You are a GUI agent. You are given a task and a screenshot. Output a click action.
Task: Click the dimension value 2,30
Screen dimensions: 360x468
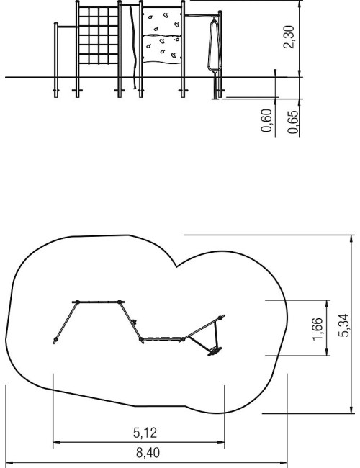289,37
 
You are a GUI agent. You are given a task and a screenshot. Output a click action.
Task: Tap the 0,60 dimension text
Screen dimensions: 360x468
266,120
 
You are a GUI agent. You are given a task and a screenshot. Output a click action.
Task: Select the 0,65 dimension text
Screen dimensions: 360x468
292,122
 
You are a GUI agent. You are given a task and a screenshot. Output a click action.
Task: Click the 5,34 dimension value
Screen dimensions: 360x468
343,325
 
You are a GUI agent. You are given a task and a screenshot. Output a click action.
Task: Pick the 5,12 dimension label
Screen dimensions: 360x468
145,433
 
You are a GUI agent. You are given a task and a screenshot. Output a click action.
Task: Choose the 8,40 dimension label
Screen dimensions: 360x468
148,453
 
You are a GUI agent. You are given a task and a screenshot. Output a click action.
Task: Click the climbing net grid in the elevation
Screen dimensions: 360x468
99,35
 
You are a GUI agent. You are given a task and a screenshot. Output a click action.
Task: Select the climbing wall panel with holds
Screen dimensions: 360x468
162,35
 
